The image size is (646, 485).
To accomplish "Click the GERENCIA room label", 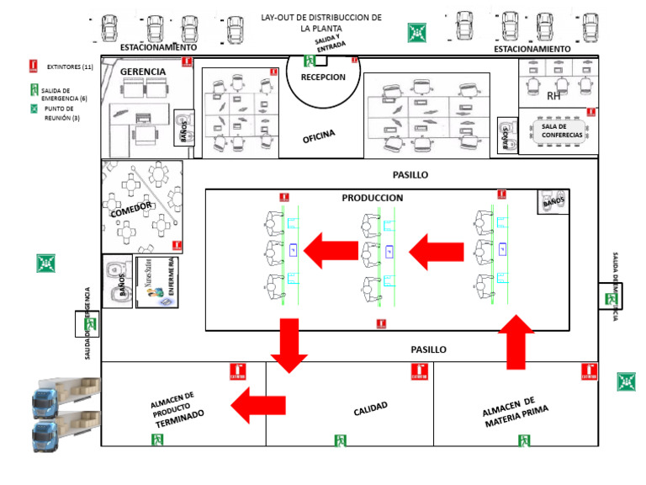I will [143, 72].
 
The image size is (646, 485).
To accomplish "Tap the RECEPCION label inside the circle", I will [323, 77].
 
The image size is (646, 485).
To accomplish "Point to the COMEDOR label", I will [130, 208].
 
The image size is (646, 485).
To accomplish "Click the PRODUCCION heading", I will [373, 198].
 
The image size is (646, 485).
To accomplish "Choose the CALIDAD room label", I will [370, 408].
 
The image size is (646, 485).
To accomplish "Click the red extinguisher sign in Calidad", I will [419, 371].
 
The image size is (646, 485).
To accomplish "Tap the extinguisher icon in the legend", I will [33, 65].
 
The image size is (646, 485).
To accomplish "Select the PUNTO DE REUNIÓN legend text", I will [61, 113].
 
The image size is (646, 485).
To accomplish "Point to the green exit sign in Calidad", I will [341, 440].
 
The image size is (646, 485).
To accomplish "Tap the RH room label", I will [553, 96].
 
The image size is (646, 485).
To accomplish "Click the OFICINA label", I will [319, 136].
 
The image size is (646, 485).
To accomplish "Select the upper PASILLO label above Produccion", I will [410, 175].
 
